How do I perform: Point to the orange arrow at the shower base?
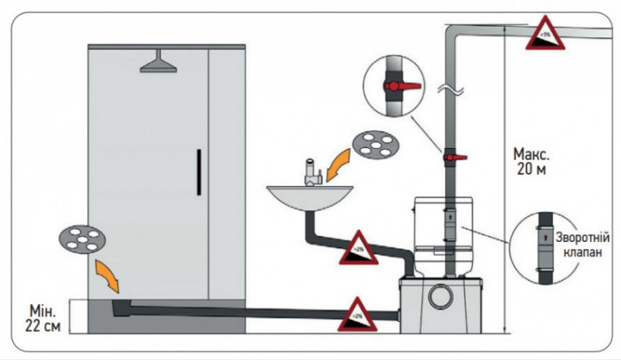[107, 272]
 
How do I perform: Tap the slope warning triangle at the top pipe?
[540, 35]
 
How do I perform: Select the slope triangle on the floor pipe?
[357, 312]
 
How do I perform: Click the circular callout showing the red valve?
[393, 85]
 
